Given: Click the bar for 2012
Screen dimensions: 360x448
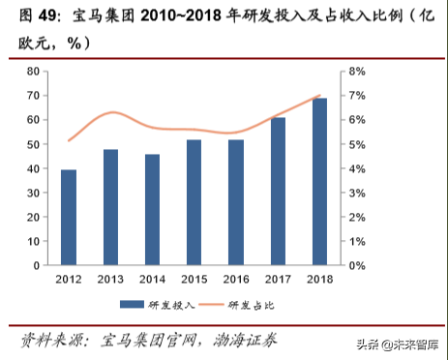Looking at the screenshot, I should point(69,218).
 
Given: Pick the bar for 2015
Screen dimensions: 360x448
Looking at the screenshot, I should point(194,203).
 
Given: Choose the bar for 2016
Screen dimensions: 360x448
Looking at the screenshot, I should point(235,203).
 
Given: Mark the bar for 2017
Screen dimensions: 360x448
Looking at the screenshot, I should point(278,192).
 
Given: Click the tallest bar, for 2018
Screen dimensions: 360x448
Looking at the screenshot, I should point(319,182).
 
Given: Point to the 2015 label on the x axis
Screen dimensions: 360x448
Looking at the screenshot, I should point(194,280).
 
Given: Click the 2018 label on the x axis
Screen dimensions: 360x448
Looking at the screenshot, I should point(319,280).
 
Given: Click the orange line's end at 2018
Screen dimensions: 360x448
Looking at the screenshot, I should point(319,96).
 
